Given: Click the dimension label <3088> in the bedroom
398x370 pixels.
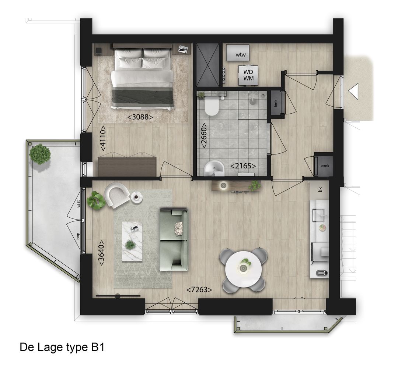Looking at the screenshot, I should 140,117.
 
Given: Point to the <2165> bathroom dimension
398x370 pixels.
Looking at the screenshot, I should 243,166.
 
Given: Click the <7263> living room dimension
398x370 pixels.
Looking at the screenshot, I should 199,290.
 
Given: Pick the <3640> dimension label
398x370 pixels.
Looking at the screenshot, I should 101,253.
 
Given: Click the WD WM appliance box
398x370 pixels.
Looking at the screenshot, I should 248,75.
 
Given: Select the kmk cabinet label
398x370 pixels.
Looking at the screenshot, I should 276,103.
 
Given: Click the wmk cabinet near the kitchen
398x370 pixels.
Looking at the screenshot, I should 325,166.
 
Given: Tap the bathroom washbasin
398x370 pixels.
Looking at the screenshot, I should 214,169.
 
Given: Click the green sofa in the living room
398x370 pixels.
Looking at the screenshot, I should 174,239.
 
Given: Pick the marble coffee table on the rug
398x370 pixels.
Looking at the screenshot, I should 132,241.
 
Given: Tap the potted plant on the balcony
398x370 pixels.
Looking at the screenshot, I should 40,154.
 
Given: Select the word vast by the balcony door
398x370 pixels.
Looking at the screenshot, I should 79,204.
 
